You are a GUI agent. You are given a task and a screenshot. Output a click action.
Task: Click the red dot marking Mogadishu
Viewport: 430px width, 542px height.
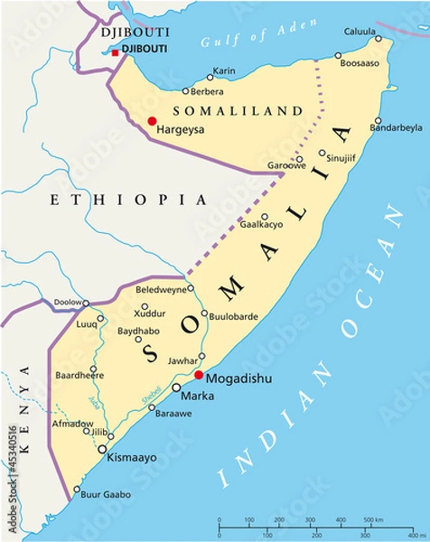[198, 375]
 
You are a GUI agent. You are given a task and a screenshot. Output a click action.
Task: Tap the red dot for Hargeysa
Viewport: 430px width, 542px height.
[152, 121]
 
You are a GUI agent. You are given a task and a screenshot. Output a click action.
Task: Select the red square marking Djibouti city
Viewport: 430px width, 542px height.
[115, 53]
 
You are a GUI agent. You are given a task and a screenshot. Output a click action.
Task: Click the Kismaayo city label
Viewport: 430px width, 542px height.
[132, 458]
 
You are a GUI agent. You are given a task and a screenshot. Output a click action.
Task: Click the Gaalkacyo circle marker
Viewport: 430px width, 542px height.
[265, 217]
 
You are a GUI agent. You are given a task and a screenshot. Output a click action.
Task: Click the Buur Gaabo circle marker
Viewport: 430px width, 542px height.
[75, 494]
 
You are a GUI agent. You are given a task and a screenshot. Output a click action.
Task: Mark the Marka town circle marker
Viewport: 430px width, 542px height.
[176, 388]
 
